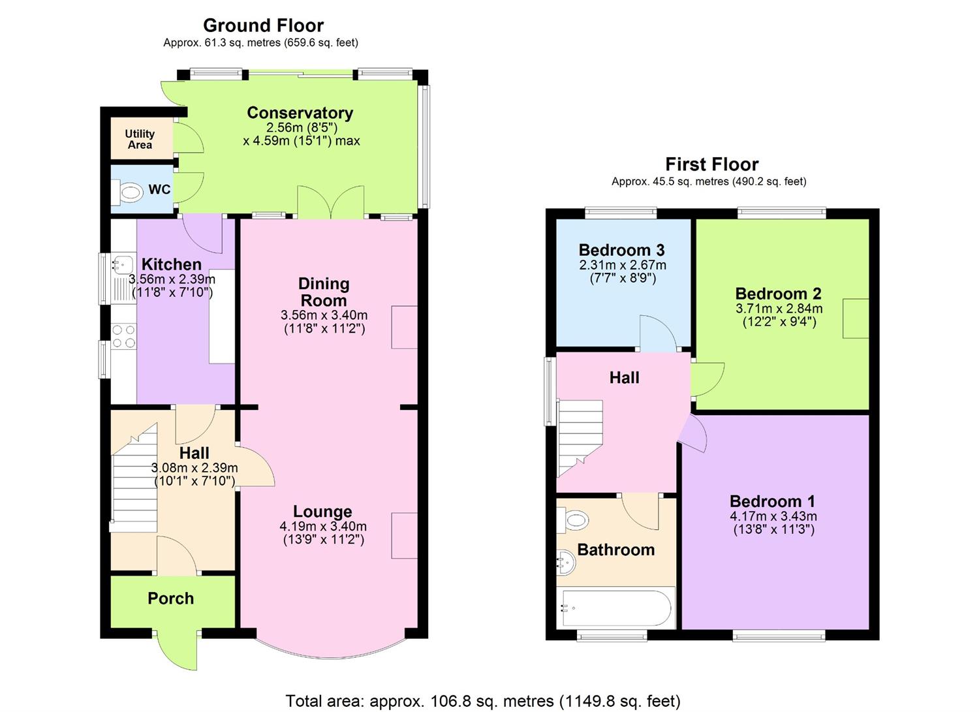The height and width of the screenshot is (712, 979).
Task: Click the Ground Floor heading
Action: click(x=263, y=25)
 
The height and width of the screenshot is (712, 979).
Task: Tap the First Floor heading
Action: click(x=711, y=164)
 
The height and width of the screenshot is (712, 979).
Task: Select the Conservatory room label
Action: click(x=300, y=113)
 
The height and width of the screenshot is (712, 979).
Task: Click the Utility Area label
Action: click(x=140, y=139)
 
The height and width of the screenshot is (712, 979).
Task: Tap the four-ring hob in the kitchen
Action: click(x=123, y=336)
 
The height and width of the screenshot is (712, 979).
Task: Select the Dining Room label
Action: click(x=324, y=292)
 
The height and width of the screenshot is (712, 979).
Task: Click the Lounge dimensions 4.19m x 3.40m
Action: click(x=323, y=526)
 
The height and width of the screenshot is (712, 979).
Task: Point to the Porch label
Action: click(x=170, y=598)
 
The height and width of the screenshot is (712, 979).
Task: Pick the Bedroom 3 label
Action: click(x=621, y=250)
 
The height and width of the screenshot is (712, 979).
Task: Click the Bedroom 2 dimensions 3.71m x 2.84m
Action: click(x=779, y=309)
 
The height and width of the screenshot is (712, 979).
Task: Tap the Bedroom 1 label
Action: click(x=772, y=501)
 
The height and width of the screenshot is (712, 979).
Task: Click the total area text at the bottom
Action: click(x=483, y=701)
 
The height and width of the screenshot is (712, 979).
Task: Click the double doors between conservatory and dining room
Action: click(x=331, y=202)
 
